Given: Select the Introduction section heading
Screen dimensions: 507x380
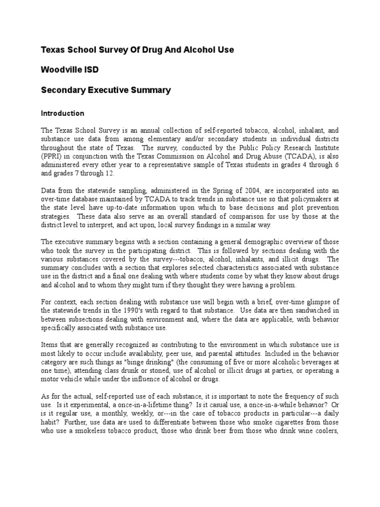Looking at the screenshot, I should coord(62,113).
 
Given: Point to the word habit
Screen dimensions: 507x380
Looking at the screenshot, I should coord(49,422).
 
